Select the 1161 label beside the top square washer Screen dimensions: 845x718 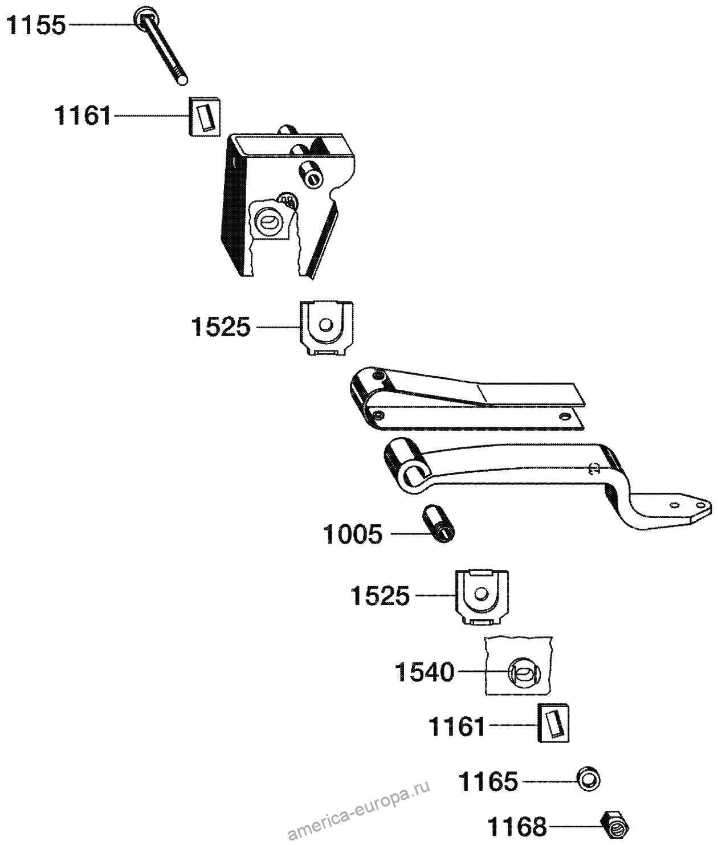click(x=83, y=116)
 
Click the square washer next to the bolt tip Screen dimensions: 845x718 click(x=204, y=116)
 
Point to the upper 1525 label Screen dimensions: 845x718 click(x=221, y=328)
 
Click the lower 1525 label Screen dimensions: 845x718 click(x=380, y=597)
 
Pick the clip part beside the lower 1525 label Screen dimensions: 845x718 click(x=482, y=596)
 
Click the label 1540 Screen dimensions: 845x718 click(x=425, y=673)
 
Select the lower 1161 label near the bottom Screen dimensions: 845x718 click(x=456, y=727)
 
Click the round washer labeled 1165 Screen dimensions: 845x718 click(x=589, y=779)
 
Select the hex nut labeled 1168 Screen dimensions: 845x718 click(x=615, y=824)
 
